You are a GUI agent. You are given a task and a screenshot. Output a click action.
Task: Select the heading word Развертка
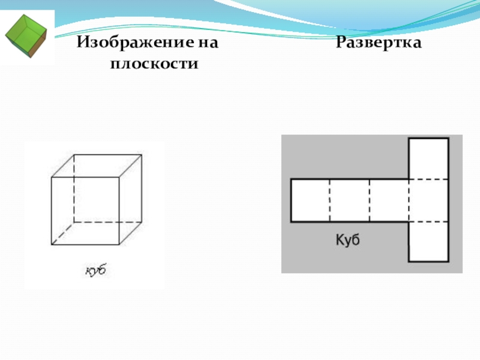point(379,44)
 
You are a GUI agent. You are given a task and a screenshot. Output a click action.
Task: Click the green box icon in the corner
point(26,35)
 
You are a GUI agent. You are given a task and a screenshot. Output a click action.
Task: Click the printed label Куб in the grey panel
point(347,240)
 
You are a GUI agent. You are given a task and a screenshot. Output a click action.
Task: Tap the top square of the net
point(428,159)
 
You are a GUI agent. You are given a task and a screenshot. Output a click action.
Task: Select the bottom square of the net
point(428,241)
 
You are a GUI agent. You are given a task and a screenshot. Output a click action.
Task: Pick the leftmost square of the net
point(310,200)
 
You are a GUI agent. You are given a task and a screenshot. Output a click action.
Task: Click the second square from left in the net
point(349,200)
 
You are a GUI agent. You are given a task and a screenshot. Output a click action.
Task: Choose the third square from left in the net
point(389,200)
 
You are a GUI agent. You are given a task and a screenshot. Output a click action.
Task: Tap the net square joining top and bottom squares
point(428,200)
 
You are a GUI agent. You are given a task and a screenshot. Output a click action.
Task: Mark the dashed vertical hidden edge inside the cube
point(74,189)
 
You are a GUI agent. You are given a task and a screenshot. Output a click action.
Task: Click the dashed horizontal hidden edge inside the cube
point(108,222)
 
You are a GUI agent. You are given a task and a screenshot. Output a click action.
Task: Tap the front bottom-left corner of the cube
point(52,245)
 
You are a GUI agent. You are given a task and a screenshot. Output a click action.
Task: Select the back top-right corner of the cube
point(142,155)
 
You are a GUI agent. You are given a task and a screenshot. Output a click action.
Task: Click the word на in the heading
point(208,44)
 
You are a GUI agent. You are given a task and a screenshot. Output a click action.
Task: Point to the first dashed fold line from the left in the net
point(329,200)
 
